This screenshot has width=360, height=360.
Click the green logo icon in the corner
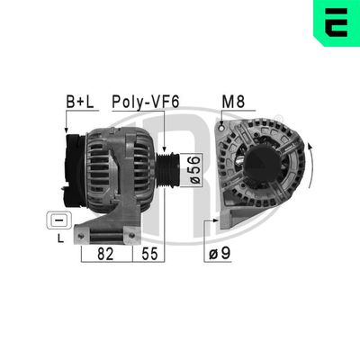pyautogui.click(x=335, y=21)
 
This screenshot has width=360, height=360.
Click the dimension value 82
pyautogui.click(x=105, y=255)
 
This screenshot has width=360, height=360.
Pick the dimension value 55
pyautogui.click(x=149, y=255)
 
